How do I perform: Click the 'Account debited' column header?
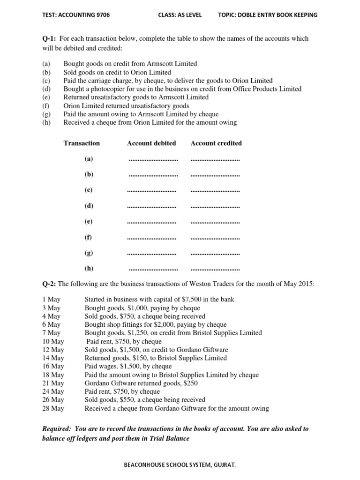[151, 143]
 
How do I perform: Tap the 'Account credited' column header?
[216, 143]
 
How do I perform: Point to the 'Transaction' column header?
[82, 143]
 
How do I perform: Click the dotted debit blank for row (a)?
[153, 159]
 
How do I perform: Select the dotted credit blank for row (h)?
[215, 269]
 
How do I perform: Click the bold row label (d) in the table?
[89, 206]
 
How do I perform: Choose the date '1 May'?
[51, 299]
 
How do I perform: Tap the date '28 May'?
[52, 408]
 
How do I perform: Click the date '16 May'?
[52, 366]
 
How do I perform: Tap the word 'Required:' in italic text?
[57, 429]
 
